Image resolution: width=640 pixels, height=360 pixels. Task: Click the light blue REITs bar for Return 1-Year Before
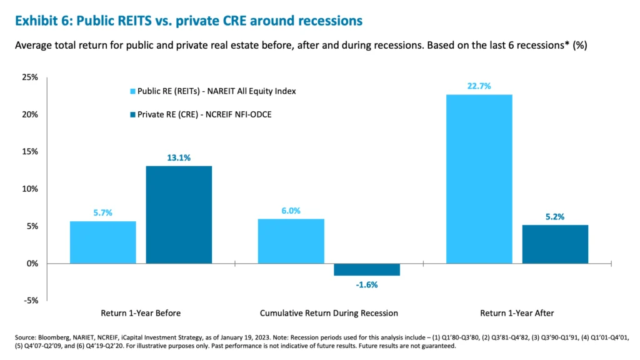click(x=102, y=242)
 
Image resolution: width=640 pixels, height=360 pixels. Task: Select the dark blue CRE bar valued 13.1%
click(x=179, y=214)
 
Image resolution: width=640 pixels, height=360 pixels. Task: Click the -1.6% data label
click(x=367, y=284)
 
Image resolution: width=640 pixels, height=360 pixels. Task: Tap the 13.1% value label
click(x=179, y=157)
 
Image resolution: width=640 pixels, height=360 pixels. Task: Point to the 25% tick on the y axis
click(x=30, y=77)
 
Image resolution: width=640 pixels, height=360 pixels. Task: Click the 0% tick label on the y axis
click(x=32, y=264)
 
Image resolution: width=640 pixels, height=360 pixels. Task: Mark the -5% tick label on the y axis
click(x=31, y=301)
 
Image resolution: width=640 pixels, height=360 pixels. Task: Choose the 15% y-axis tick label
click(x=30, y=152)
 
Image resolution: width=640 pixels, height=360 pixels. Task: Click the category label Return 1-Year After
click(x=517, y=312)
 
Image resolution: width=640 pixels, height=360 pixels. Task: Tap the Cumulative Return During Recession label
click(x=329, y=312)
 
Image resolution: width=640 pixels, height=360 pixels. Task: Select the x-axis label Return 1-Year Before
click(x=141, y=312)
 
